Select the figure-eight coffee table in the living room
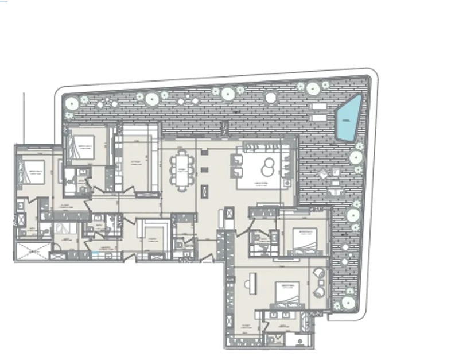pyautogui.click(x=266, y=168)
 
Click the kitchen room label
pyautogui.click(x=135, y=163)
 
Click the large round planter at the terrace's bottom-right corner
pyautogui.click(x=347, y=302)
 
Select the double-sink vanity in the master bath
pyautogui.click(x=283, y=315)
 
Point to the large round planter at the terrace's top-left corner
pyautogui.click(x=71, y=103)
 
